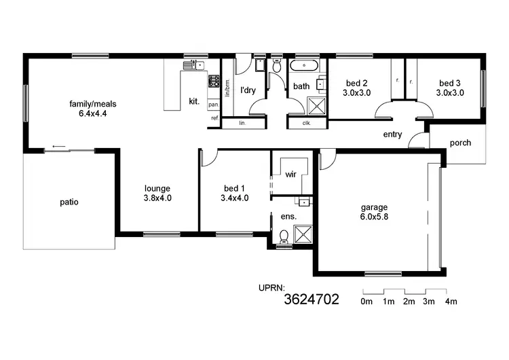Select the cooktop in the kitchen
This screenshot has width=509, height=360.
213,83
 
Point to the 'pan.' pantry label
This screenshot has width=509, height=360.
213,105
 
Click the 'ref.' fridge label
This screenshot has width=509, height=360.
214,118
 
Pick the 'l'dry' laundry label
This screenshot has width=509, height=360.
248,90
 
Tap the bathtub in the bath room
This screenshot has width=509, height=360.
303,67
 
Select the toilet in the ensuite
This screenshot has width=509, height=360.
284,236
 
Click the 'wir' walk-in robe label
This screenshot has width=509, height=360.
290,175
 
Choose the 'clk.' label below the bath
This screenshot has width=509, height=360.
306,123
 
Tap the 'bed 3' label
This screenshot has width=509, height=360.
450,83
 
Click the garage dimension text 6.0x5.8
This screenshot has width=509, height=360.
374,217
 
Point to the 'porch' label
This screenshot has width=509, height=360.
460,143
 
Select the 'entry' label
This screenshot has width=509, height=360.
392,134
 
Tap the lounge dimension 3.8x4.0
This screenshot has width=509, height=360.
157,198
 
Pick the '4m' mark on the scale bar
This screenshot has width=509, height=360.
451,301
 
